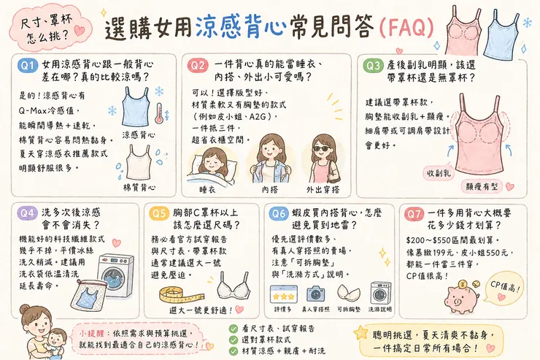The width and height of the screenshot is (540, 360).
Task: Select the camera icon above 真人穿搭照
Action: [315, 293]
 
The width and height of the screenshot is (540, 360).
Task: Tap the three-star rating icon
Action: [282, 293]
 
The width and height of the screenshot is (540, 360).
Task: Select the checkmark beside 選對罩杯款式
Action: [233, 340]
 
